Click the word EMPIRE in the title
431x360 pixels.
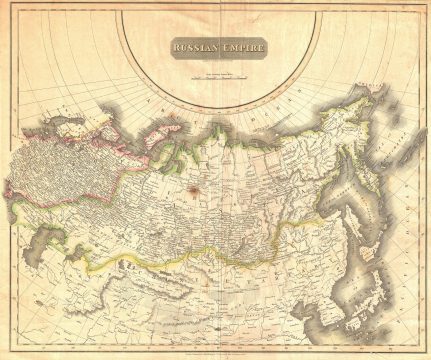click(x=241, y=45)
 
